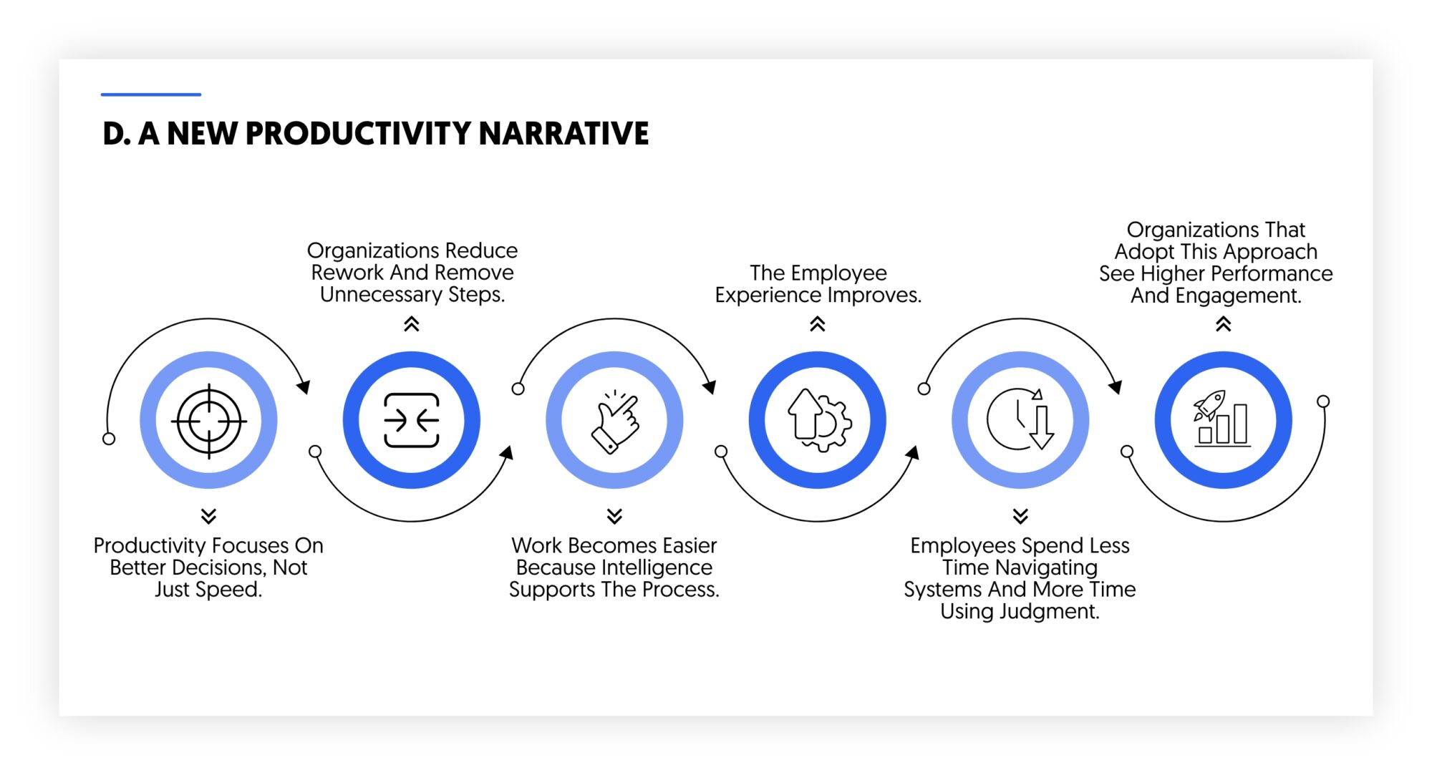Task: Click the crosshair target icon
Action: [x=208, y=421]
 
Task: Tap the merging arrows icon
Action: [x=412, y=421]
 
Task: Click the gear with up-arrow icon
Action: [x=818, y=421]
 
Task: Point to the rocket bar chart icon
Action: [x=1223, y=419]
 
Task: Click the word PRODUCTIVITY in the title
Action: [x=358, y=134]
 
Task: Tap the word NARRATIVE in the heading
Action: [x=563, y=134]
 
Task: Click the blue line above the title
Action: [x=150, y=94]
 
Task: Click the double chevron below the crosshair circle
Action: [x=208, y=516]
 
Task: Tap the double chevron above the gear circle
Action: [x=818, y=325]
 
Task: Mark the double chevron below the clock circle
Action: [x=1020, y=516]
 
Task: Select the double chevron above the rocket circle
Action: [x=1223, y=325]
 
